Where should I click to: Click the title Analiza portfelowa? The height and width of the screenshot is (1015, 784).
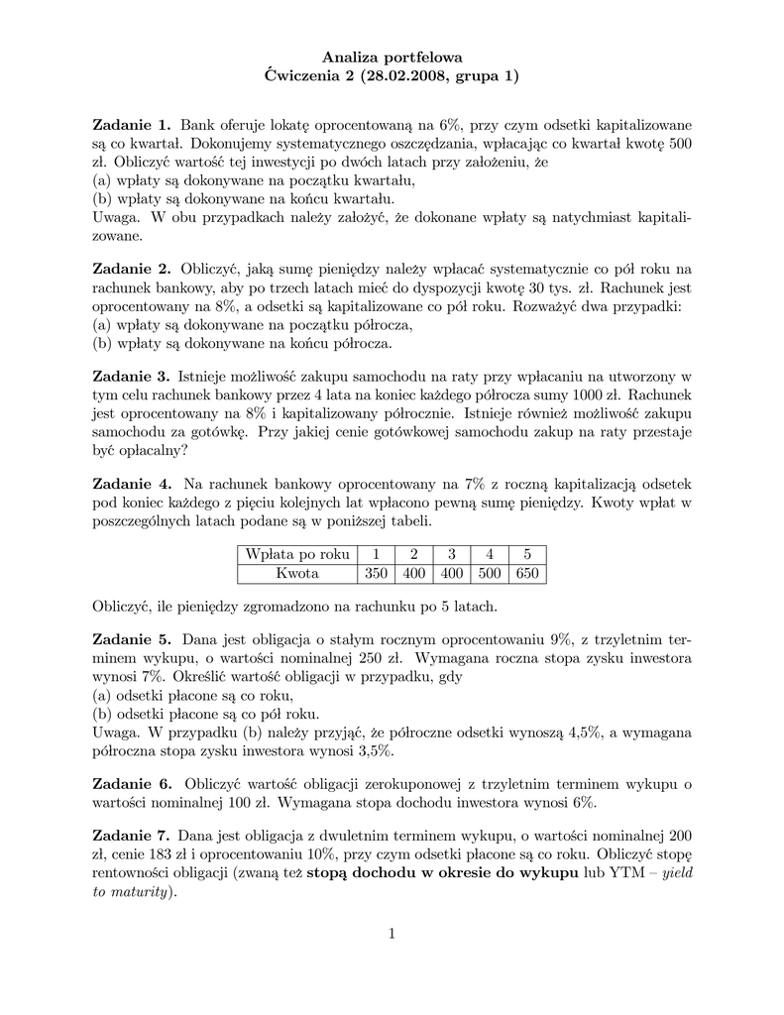pyautogui.click(x=392, y=57)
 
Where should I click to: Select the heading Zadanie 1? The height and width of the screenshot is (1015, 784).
pyautogui.click(x=132, y=125)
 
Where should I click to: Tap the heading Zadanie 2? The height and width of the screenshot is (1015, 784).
pyautogui.click(x=132, y=269)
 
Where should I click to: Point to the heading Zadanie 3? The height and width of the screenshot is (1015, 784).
pyautogui.click(x=131, y=377)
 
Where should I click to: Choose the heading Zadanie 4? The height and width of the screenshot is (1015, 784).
pyautogui.click(x=132, y=484)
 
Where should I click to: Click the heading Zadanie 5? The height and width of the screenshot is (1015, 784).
pyautogui.click(x=132, y=639)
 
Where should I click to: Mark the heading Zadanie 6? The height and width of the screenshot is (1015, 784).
pyautogui.click(x=132, y=784)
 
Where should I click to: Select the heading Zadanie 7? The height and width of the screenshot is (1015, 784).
pyautogui.click(x=131, y=835)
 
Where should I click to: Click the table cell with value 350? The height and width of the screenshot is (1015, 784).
pyautogui.click(x=375, y=574)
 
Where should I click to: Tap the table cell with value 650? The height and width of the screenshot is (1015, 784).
pyautogui.click(x=526, y=574)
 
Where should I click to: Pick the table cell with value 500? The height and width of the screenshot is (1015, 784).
pyautogui.click(x=489, y=574)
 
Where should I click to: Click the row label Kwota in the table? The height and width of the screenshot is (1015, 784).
pyautogui.click(x=297, y=574)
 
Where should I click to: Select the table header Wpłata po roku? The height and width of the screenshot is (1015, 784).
pyautogui.click(x=297, y=554)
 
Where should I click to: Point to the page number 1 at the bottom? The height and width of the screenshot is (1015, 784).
pyautogui.click(x=392, y=933)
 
